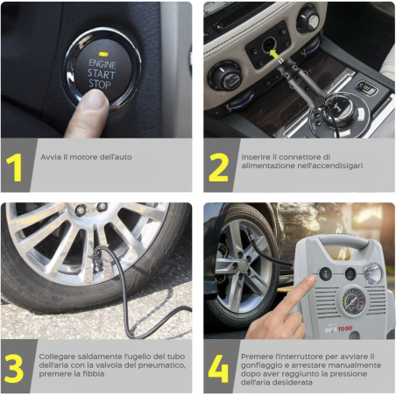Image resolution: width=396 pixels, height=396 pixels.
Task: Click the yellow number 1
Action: coord(13,166)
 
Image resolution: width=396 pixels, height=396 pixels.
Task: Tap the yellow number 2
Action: coord(218,166)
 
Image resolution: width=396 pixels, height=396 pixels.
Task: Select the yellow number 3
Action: coord(15,368)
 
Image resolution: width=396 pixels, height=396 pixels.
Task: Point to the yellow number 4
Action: coord(218,368)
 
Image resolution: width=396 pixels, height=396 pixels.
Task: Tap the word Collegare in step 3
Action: coord(57,356)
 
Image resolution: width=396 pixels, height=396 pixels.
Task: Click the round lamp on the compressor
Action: coord(374,272)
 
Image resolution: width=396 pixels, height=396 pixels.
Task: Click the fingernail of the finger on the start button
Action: coord(95,98)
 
